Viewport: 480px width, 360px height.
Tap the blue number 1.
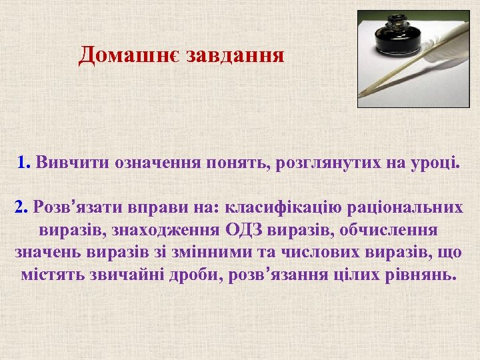coord(24,162)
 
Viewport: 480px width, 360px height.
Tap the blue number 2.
coord(21,207)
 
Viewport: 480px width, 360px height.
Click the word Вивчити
coord(73,162)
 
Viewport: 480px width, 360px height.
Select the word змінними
coord(216,253)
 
